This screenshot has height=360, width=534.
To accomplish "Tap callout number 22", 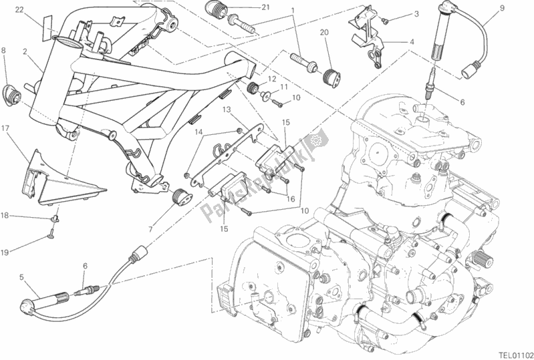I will tap(20, 9).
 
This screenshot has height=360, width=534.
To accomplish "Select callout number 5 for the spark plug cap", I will tap(23, 277).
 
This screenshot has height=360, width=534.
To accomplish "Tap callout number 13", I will tap(227, 110).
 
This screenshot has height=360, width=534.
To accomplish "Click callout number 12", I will tap(271, 79).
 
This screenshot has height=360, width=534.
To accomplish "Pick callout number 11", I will tap(283, 87).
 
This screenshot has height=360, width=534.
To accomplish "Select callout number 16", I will tap(290, 198).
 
